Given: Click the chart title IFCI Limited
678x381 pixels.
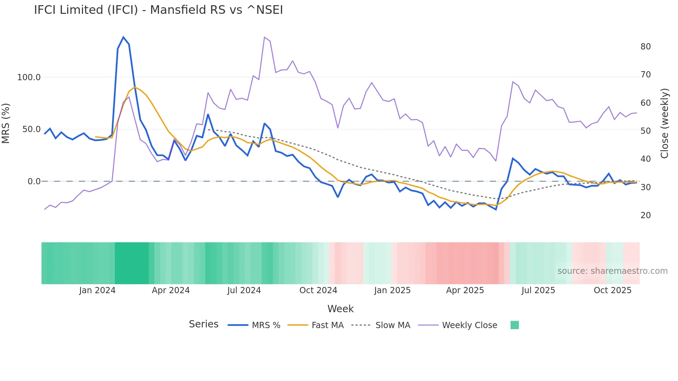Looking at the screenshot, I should coord(158,10).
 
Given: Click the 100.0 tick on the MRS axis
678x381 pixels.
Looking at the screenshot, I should coord(29,77).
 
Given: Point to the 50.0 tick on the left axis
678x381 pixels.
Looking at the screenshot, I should coord(31,129).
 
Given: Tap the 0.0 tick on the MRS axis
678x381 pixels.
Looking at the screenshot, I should coord(34,182).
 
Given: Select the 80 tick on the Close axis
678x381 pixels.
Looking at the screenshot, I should coord(645,47).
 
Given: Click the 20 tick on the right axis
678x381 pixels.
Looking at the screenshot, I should coord(645,215).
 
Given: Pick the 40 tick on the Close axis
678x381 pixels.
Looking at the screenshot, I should coord(645,159).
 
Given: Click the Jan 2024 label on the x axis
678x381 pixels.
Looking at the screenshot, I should coord(97,290).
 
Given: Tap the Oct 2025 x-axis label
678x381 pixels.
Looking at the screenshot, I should coord(612,290).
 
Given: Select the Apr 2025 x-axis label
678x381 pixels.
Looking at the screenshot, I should coord(465,290).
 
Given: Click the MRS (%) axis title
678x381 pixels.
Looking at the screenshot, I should coord(6,123).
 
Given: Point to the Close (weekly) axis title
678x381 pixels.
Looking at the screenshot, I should coord(665,123).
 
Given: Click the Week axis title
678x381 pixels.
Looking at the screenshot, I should coord(340,309).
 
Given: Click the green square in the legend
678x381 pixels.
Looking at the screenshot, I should coord(514,325).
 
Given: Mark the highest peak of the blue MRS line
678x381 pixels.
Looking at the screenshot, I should coord(123,37).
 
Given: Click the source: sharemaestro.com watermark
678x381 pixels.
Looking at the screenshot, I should coord(612,271).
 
